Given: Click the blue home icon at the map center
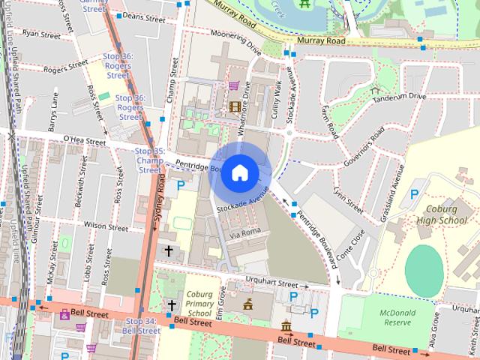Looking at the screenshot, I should (x=239, y=172).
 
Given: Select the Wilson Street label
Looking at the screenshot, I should (x=106, y=225).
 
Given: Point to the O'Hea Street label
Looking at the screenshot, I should (x=85, y=139).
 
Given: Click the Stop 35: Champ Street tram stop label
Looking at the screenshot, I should (x=148, y=160).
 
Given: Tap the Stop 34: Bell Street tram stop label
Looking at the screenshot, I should (x=141, y=325).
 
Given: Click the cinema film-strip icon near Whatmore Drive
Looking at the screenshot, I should (x=235, y=106).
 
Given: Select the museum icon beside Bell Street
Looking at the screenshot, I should (x=286, y=326).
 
